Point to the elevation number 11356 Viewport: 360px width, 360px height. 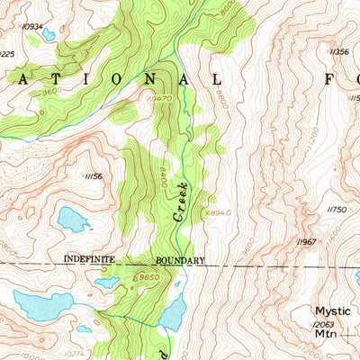[x=339, y=52]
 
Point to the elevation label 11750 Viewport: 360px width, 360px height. [x=337, y=209]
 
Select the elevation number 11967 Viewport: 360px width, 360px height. [x=307, y=242]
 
